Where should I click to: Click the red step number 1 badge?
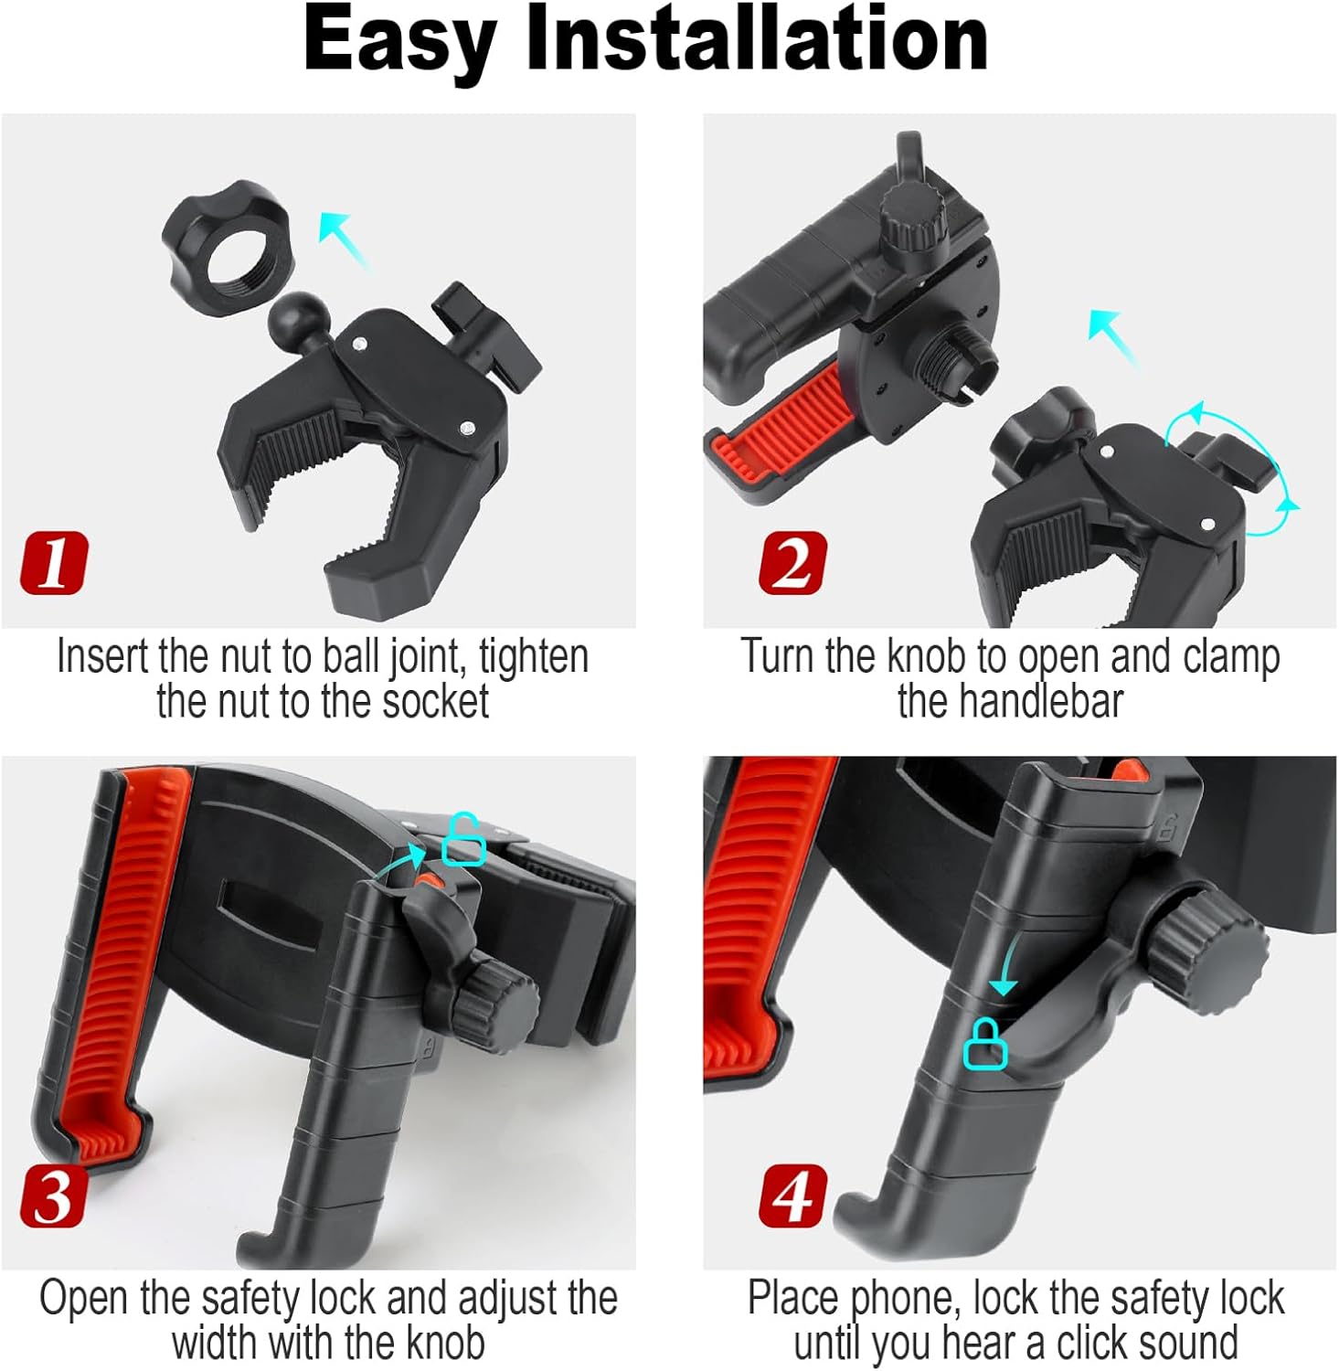click(54, 562)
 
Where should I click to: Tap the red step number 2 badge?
click(792, 562)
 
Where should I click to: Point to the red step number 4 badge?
click(792, 1196)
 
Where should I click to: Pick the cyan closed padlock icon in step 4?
click(985, 1044)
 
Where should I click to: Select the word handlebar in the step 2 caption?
click(1010, 702)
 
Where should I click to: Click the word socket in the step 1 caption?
click(435, 702)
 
